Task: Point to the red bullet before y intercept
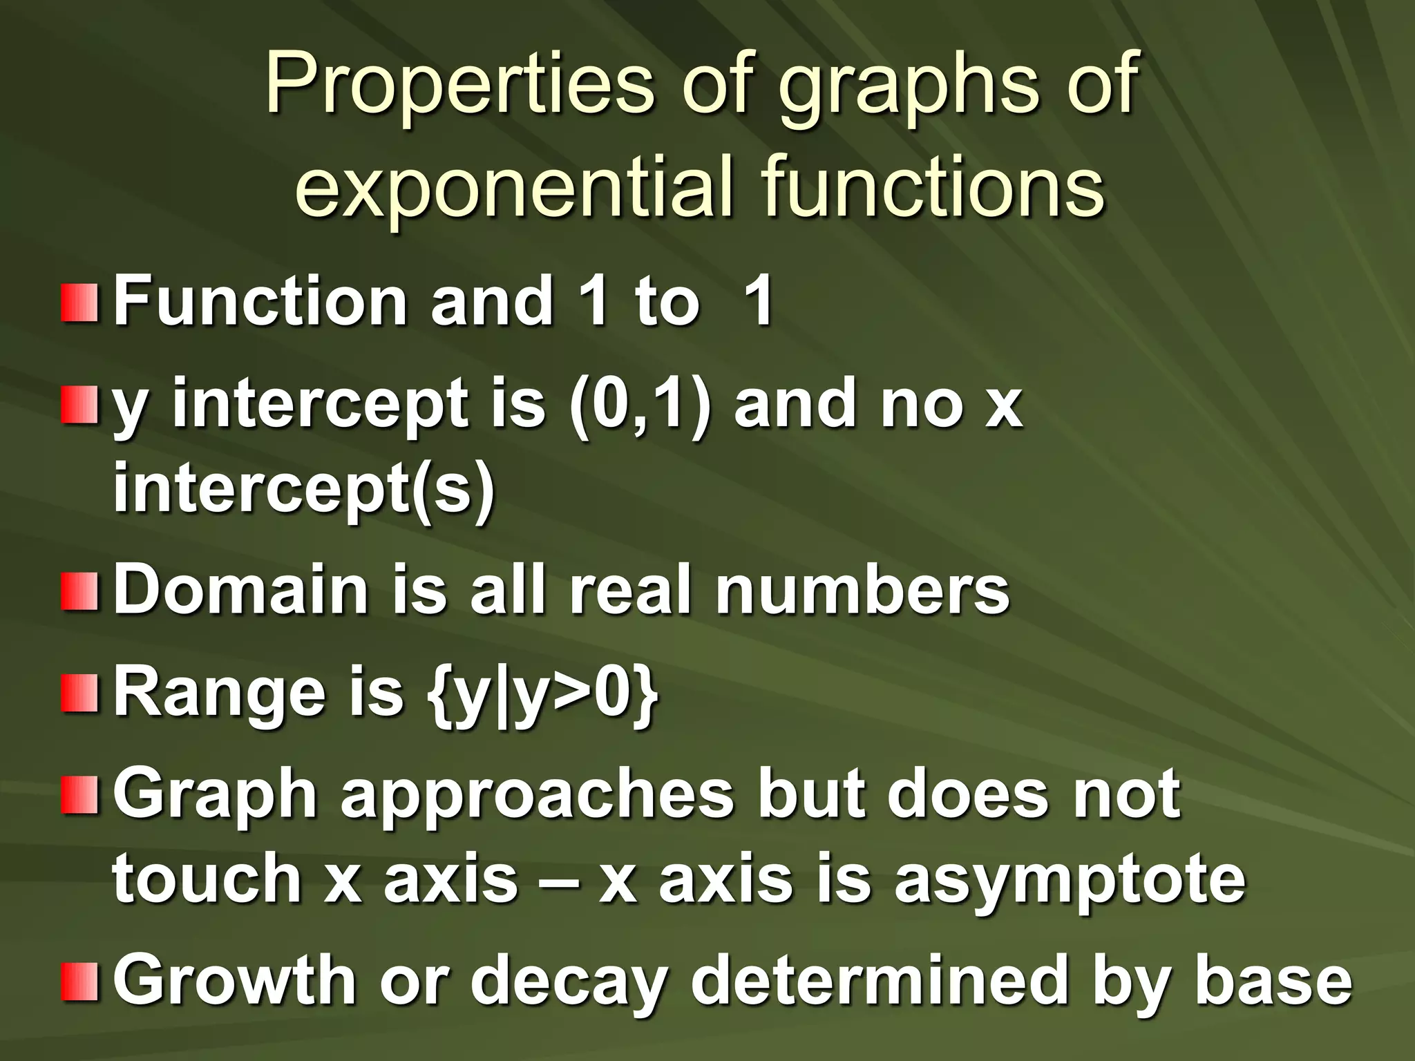click(x=79, y=406)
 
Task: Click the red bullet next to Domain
click(x=79, y=591)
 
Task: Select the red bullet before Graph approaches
click(x=79, y=794)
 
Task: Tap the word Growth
click(x=234, y=981)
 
